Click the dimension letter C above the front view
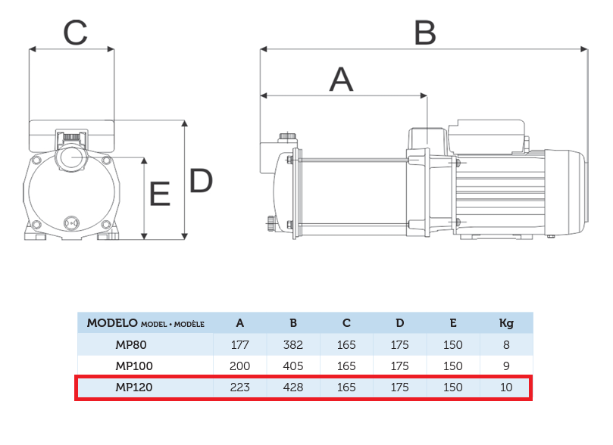[x=75, y=33]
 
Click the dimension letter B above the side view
[x=425, y=33]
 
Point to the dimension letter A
[x=341, y=79]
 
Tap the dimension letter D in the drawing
[x=201, y=180]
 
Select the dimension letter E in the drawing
[x=160, y=193]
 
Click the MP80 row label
[x=131, y=345]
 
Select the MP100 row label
[x=134, y=366]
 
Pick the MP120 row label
[x=134, y=387]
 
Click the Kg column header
[x=506, y=324]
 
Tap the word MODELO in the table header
[x=112, y=323]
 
